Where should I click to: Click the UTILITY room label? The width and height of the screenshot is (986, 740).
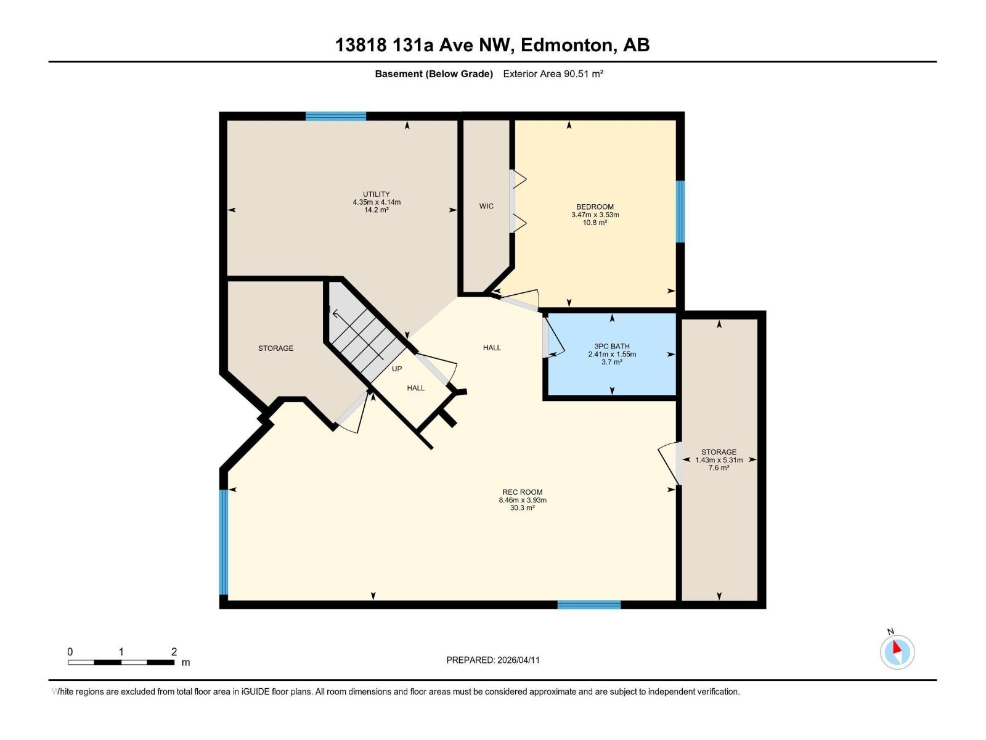click(376, 194)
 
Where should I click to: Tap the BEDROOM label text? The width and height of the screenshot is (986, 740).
click(595, 207)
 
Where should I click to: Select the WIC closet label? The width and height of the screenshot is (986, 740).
click(486, 206)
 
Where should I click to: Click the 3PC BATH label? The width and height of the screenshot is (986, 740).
click(612, 347)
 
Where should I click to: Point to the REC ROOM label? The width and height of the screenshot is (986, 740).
click(522, 492)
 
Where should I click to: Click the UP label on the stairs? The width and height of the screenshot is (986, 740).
click(397, 369)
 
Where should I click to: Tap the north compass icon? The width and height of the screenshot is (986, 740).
click(897, 652)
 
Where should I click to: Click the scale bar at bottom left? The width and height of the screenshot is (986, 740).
click(121, 662)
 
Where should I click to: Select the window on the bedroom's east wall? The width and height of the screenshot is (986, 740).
click(680, 211)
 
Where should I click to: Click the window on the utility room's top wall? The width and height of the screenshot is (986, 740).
click(336, 116)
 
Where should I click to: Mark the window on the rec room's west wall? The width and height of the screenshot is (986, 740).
click(224, 541)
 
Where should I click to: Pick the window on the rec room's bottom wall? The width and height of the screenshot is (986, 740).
click(589, 605)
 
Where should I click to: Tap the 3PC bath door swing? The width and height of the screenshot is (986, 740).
click(552, 337)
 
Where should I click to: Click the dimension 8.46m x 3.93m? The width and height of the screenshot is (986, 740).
click(523, 500)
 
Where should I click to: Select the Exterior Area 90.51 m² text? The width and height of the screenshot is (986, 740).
click(553, 74)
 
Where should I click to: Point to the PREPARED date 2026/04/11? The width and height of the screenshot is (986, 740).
click(493, 660)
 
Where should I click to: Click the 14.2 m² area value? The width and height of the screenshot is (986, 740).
click(376, 210)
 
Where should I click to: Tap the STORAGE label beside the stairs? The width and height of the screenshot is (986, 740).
click(275, 348)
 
